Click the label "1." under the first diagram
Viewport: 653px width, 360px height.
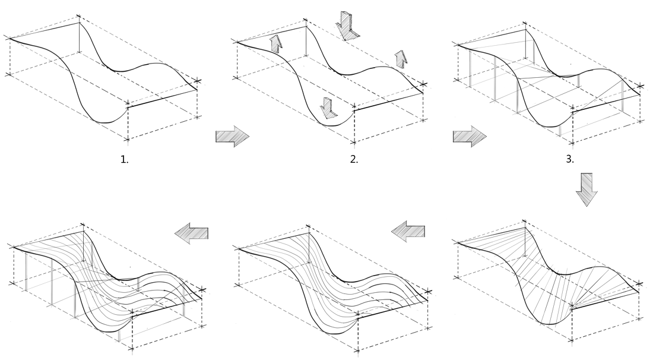pos(125,159)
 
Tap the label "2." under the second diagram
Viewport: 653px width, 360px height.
pos(354,159)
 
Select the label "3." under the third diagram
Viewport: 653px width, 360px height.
pos(570,159)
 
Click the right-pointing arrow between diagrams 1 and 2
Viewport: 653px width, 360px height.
pos(232,137)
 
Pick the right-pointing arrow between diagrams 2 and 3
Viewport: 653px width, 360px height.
pos(470,137)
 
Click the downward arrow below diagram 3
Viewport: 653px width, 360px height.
pos(587,189)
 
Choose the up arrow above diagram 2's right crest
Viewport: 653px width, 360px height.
pos(401,59)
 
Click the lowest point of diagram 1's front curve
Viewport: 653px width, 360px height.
pos(104,122)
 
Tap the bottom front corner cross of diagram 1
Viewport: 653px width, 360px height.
pos(127,140)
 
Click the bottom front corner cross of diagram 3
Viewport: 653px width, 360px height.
pos(573,143)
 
